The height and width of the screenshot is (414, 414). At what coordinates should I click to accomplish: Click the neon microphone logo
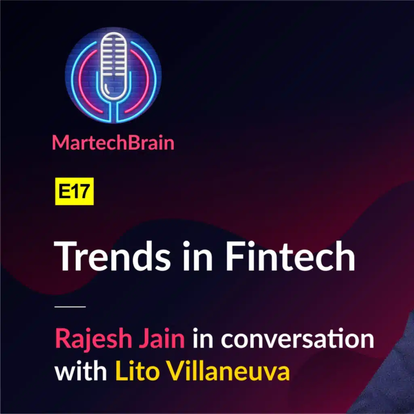click(x=113, y=76)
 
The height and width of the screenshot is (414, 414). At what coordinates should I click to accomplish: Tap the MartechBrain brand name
click(x=113, y=143)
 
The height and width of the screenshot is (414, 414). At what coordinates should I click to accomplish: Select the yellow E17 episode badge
click(x=74, y=191)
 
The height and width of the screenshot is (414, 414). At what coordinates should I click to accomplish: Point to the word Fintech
click(x=290, y=256)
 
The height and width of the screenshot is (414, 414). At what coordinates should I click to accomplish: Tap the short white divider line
click(x=70, y=307)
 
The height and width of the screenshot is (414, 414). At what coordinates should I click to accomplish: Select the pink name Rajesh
click(x=93, y=339)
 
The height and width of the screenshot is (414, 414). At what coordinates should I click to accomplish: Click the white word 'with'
click(x=80, y=372)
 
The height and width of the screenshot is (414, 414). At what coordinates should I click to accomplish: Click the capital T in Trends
click(x=64, y=256)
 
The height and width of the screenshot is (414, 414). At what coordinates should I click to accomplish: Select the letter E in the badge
click(x=63, y=191)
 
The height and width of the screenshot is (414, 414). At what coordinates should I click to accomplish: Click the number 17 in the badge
click(x=80, y=191)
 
